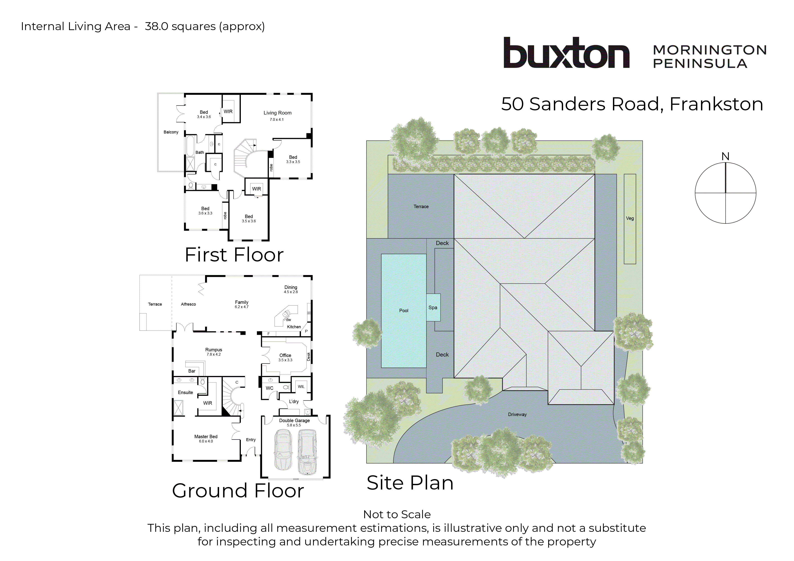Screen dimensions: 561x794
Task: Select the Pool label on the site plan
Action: [x=404, y=310]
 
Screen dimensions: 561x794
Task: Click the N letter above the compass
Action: [x=725, y=157]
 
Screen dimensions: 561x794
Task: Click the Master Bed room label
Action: [x=206, y=437]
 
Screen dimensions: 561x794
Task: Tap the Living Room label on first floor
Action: [x=277, y=113]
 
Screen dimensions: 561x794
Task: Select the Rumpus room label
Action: [x=214, y=350]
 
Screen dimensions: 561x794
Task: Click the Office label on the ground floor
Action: [x=285, y=355]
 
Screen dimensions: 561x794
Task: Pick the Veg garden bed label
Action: [x=630, y=218]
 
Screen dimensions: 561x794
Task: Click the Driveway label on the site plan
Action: [x=517, y=414]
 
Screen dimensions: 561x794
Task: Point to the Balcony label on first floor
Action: [x=171, y=132]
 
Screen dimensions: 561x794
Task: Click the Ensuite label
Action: [x=185, y=392]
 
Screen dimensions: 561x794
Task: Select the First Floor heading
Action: [x=234, y=255]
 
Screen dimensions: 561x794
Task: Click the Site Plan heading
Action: [x=410, y=483]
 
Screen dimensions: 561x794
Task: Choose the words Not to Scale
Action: [x=397, y=514]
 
